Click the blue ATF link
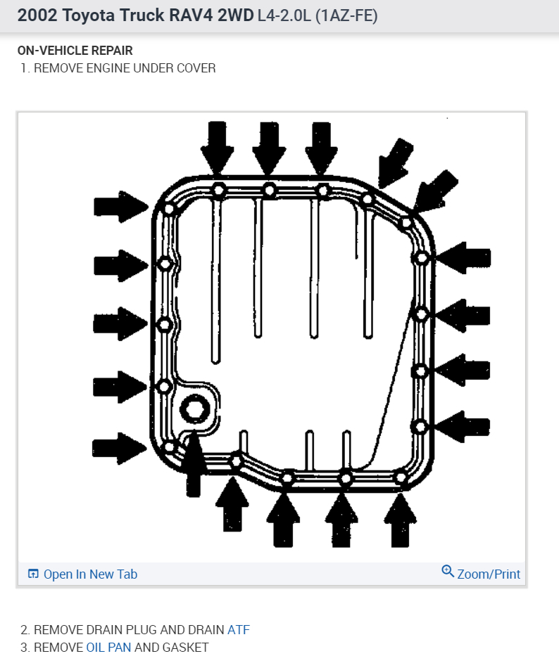[238, 630]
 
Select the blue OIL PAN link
[108, 648]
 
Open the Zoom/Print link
[488, 574]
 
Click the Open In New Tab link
[90, 574]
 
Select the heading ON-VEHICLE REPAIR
[75, 51]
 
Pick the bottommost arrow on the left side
[118, 448]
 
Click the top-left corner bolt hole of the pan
[168, 209]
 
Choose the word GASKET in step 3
[184, 648]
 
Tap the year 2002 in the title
[36, 15]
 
